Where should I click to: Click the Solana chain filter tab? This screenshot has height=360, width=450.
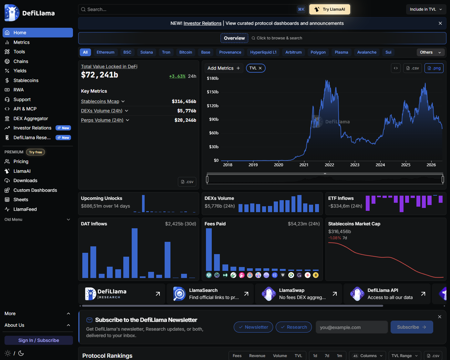[x=146, y=52]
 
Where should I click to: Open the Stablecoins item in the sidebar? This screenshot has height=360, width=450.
[x=26, y=80]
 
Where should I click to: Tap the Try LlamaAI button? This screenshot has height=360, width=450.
[x=330, y=9]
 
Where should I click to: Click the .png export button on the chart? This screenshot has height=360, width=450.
[x=434, y=68]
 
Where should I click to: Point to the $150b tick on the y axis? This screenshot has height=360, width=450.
[x=212, y=92]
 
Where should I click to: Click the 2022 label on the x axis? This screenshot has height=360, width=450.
[x=329, y=165]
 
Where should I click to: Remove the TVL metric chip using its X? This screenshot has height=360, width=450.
[x=260, y=68]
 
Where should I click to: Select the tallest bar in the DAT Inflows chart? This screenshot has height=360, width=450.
[x=135, y=253]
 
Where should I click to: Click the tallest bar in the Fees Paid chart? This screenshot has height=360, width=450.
[x=209, y=250]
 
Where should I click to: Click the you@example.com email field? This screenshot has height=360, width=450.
[x=352, y=327]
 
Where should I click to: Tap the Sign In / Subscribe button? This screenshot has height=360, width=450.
[x=39, y=340]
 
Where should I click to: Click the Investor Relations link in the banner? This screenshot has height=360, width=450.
[x=202, y=24]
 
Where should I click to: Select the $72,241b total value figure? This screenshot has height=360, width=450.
[x=99, y=75]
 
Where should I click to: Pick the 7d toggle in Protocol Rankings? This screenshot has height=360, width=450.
[x=327, y=355]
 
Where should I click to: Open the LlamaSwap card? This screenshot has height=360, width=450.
[x=298, y=294]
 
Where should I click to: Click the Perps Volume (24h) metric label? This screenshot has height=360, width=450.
[x=102, y=120]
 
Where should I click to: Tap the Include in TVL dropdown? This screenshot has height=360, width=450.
[x=426, y=9]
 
